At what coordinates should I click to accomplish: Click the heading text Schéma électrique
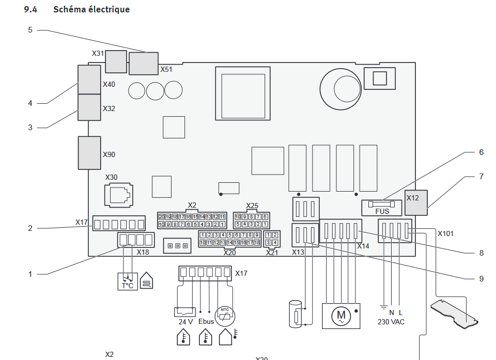tap(91, 10)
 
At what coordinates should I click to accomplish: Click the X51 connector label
tap(166, 69)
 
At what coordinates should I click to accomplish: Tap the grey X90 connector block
tap(89, 153)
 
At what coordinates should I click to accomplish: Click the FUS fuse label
tap(382, 212)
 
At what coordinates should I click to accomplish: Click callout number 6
tap(481, 152)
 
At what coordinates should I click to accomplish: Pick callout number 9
tap(481, 278)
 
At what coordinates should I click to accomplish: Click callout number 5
tap(30, 30)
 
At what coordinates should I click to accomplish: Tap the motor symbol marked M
tap(340, 315)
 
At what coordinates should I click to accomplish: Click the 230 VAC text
tap(391, 322)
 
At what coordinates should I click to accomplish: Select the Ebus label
tap(206, 321)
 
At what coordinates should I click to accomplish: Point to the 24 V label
tap(186, 321)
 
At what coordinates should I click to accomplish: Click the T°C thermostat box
tap(127, 281)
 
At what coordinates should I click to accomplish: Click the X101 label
tap(445, 233)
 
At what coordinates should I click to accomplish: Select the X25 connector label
tap(252, 206)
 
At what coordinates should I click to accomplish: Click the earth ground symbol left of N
tap(383, 307)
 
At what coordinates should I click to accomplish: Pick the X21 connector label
tap(272, 252)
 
